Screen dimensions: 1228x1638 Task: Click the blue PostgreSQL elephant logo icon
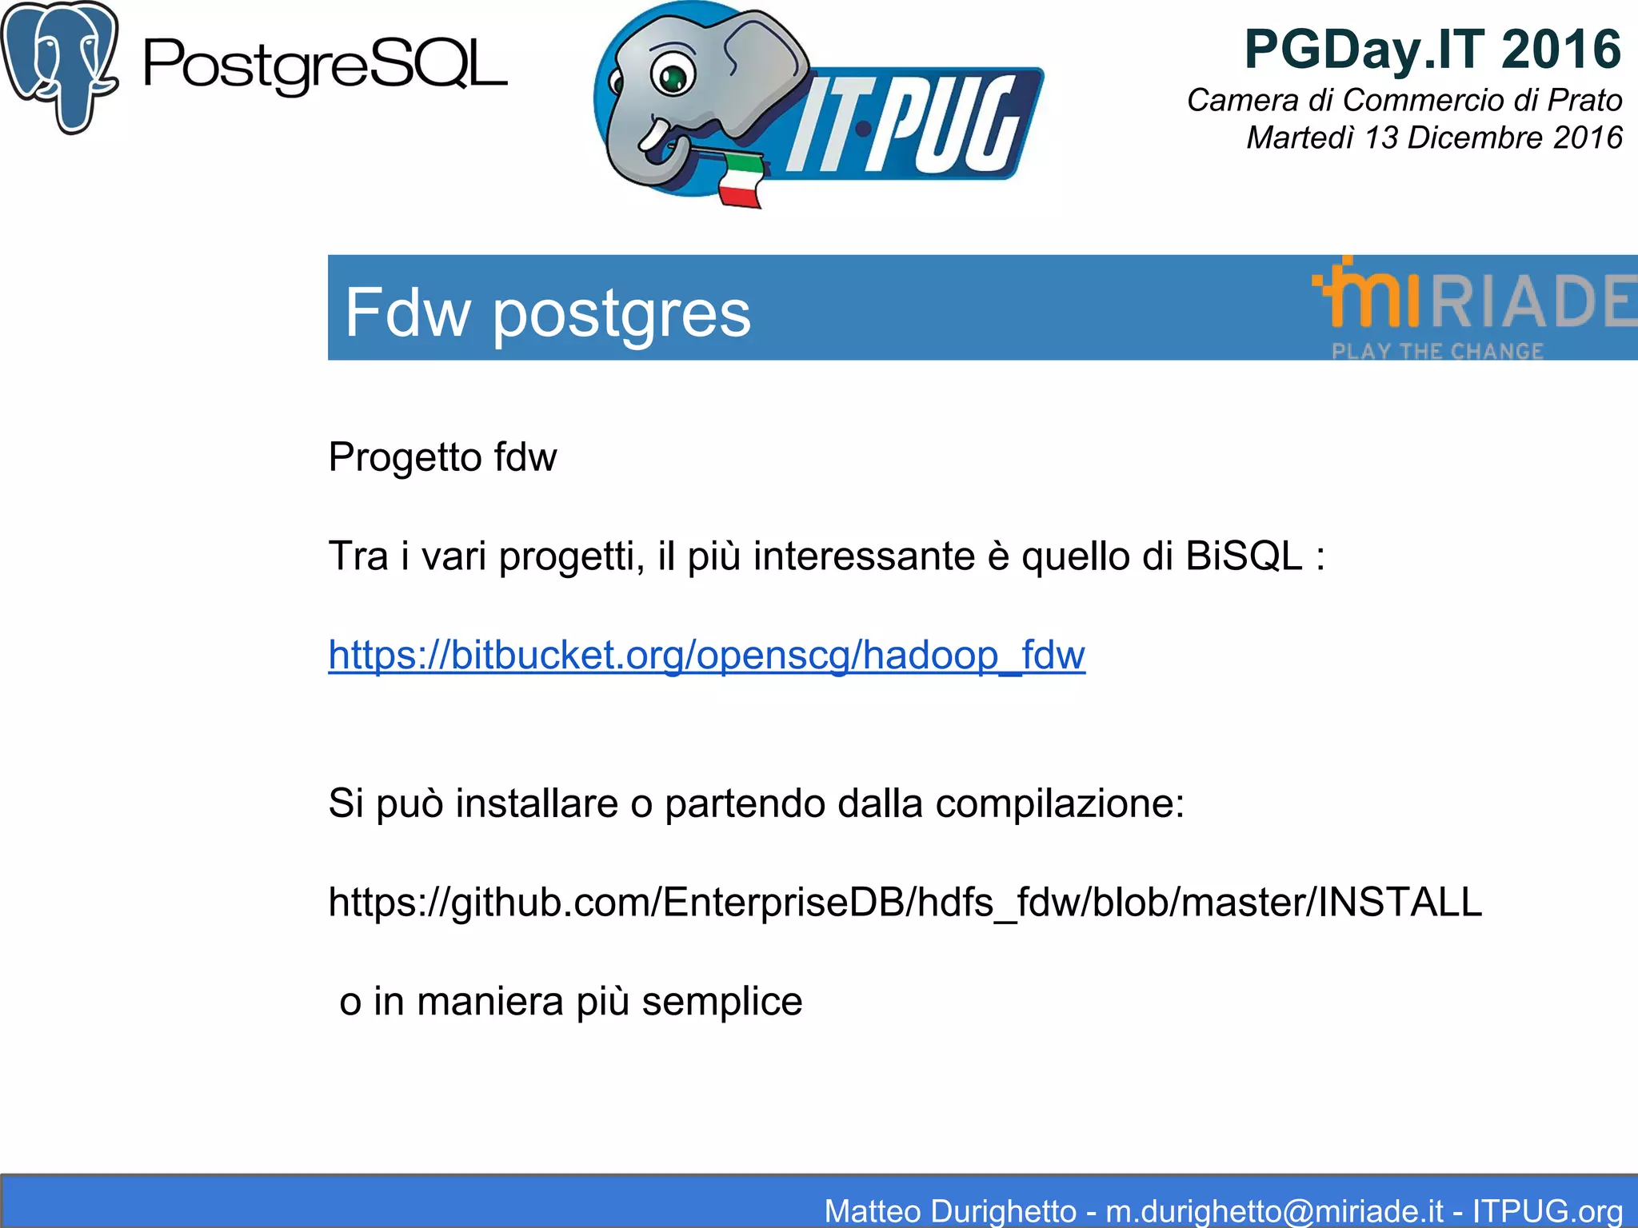pyautogui.click(x=60, y=68)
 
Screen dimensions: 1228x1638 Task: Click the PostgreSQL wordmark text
pyautogui.click(x=325, y=66)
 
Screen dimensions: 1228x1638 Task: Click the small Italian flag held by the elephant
pyautogui.click(x=740, y=181)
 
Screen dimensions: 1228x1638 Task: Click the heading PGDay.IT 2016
pyautogui.click(x=1432, y=50)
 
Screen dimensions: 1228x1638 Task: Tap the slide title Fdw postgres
pyautogui.click(x=548, y=313)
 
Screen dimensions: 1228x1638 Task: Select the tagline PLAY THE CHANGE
pyautogui.click(x=1436, y=351)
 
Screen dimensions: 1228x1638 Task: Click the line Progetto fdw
pyautogui.click(x=442, y=457)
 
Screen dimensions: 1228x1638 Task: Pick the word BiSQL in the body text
pyautogui.click(x=1244, y=556)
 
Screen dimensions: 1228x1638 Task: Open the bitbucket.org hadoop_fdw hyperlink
pyautogui.click(x=706, y=655)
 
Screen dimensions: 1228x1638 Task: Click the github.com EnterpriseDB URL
pyautogui.click(x=904, y=902)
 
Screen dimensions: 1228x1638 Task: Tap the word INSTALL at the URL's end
pyautogui.click(x=1400, y=902)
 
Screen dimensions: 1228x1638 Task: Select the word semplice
pyautogui.click(x=721, y=1001)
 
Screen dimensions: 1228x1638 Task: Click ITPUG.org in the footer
pyautogui.click(x=1547, y=1210)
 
